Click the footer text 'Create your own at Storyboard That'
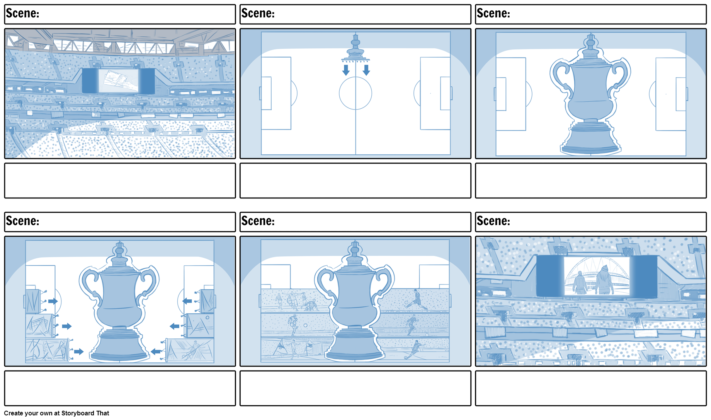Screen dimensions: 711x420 click(x=56, y=413)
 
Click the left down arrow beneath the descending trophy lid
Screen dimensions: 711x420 click(x=346, y=70)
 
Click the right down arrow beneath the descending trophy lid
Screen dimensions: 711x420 click(x=366, y=70)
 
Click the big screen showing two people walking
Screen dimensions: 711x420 click(x=597, y=276)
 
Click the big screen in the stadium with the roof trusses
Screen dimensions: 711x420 click(x=118, y=81)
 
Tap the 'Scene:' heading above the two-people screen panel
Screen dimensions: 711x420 click(x=493, y=221)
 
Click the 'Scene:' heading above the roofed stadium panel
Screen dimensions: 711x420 click(x=22, y=14)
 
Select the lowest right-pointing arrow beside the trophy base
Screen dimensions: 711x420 click(x=79, y=352)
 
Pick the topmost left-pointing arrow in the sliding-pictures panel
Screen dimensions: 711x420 click(x=187, y=301)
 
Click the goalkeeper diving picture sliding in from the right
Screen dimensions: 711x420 click(x=190, y=350)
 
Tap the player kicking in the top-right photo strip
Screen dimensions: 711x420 click(x=417, y=300)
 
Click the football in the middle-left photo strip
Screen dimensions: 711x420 click(x=305, y=325)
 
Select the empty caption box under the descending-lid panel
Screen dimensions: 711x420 click(x=355, y=181)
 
